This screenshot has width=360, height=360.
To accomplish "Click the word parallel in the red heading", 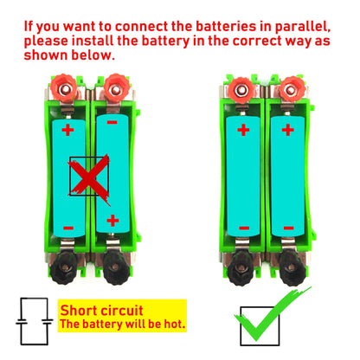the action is [x=302, y=28].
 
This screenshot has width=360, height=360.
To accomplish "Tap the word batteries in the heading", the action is [x=226, y=26].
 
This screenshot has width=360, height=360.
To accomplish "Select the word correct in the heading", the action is [x=257, y=41].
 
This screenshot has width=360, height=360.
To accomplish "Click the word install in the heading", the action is [x=93, y=41].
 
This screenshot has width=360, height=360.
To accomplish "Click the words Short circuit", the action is [x=101, y=311].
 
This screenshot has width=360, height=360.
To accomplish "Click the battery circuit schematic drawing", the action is [x=35, y=321].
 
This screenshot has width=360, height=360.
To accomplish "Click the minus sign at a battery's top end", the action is [x=112, y=123].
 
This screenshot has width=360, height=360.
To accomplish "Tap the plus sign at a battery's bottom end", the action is [x=112, y=221].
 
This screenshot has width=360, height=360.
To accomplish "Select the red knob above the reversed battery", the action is [x=117, y=88].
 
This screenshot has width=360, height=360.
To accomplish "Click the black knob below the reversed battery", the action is [x=116, y=268].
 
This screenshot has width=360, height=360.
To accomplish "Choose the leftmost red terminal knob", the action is [x=64, y=88].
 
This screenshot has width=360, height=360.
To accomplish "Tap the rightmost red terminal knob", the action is [x=292, y=89].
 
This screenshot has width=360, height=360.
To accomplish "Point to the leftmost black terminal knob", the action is [x=64, y=268].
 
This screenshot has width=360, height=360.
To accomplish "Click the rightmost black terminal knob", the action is [x=292, y=269].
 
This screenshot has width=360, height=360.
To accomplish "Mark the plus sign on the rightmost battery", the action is [x=288, y=130].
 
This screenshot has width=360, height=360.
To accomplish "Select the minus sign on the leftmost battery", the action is [x=68, y=228].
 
